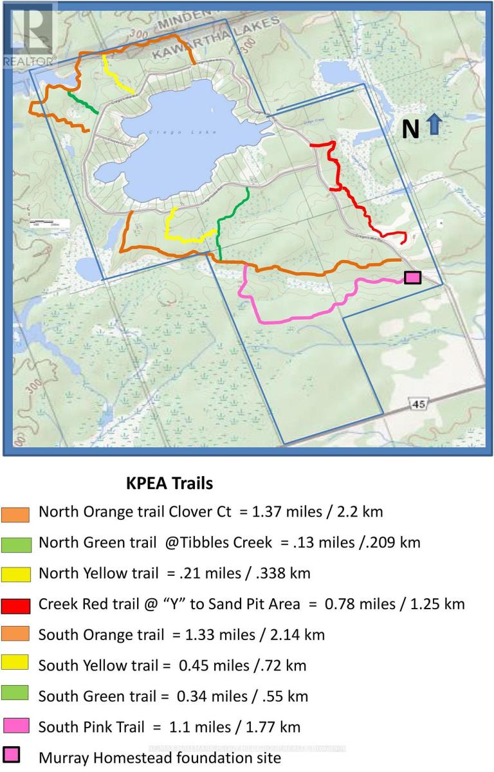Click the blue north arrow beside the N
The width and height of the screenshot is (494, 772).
(434, 124)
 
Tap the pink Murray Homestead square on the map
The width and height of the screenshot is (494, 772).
(412, 277)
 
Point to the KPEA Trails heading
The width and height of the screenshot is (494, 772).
(169, 482)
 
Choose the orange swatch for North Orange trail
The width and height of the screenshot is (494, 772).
(16, 514)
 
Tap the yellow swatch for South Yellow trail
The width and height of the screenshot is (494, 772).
(16, 666)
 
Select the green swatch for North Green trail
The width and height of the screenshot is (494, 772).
(16, 544)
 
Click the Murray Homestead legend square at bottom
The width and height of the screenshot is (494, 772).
(12, 756)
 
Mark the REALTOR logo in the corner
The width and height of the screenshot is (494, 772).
(28, 35)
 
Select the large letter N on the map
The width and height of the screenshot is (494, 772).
(410, 129)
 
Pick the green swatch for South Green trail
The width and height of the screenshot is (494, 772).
(16, 695)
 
